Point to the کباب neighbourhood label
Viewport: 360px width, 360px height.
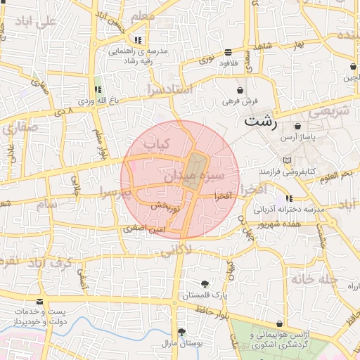(158, 144)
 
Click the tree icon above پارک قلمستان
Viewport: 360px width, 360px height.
(205, 284)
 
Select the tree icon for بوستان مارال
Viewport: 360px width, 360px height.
(181, 332)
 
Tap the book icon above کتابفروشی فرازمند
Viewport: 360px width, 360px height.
(285, 161)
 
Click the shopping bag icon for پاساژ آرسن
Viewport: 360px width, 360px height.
(299, 127)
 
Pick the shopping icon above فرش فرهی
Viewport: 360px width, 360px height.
(241, 90)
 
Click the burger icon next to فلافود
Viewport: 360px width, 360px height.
(229, 53)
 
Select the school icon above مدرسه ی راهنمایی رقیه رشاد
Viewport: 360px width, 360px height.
(138, 40)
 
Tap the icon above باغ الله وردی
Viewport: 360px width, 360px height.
(97, 90)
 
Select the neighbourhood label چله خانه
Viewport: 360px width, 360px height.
(315, 279)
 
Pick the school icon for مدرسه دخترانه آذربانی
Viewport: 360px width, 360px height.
(288, 199)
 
